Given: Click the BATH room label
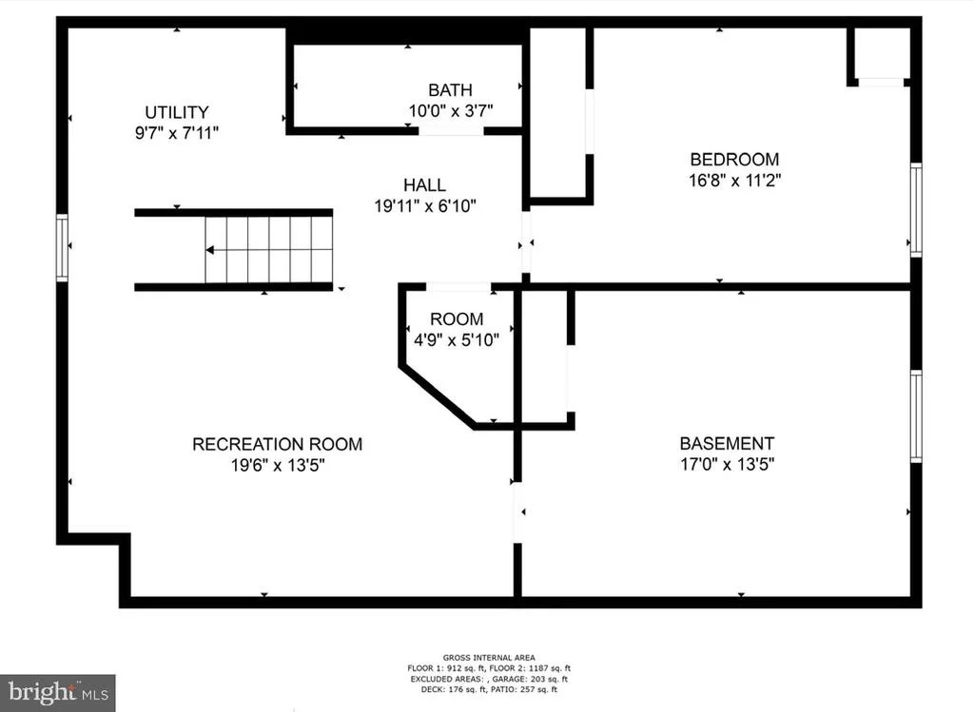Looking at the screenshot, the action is [450, 90].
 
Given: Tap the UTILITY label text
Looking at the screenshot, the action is [177, 112].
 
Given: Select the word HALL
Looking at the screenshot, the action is [425, 185].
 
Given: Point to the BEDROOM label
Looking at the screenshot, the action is [734, 160].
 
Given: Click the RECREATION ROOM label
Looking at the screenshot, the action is [277, 445].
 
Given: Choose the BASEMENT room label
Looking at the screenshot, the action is [727, 443].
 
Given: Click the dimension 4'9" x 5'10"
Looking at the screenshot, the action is [457, 340].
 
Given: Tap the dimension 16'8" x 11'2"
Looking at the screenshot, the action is [735, 181].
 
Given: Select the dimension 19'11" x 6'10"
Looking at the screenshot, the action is [425, 205].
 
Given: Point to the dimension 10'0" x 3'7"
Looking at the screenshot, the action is [451, 111].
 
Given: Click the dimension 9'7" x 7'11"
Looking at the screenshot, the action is [177, 133].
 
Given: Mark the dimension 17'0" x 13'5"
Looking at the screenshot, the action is [728, 464].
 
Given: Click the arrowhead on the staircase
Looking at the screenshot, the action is [210, 250].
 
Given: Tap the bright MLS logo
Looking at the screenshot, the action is [58, 693].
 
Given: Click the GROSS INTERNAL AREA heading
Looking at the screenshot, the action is [489, 658].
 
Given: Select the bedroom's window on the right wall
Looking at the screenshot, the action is [916, 210].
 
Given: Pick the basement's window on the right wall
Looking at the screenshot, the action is [916, 416].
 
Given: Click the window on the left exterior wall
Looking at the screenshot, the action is [62, 247].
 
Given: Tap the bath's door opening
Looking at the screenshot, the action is [451, 131].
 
